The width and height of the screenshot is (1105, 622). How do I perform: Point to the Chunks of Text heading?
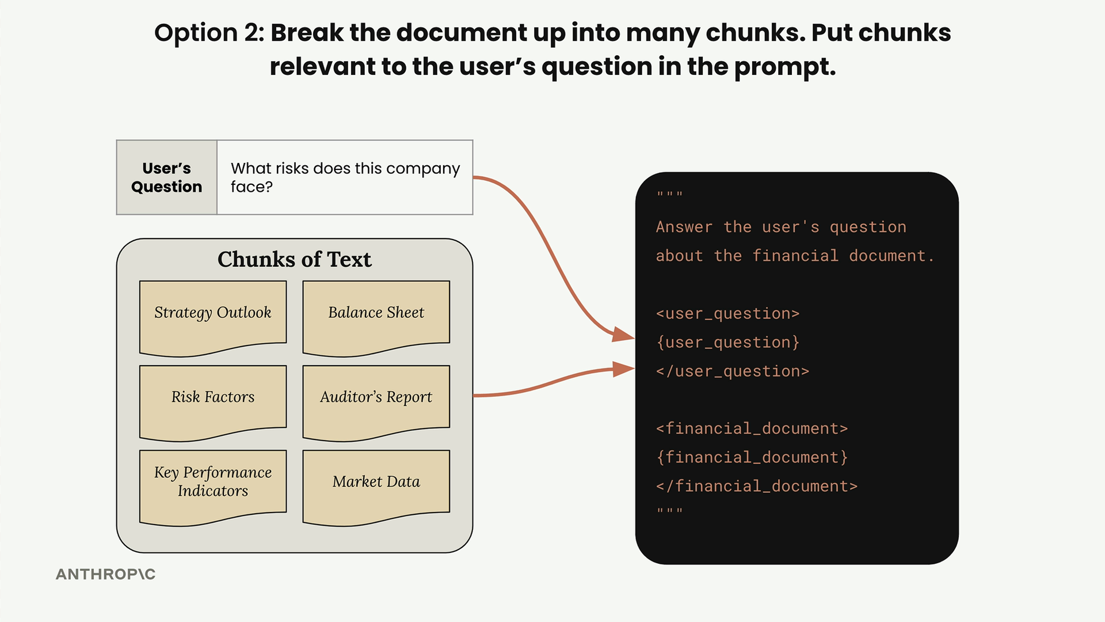click(x=295, y=260)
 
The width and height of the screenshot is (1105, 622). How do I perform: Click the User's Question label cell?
click(x=167, y=177)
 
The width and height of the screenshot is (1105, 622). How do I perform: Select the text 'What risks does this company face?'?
click(x=345, y=177)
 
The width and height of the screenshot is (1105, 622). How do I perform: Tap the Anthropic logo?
click(x=106, y=574)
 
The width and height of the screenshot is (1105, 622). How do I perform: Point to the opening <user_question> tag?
click(x=728, y=314)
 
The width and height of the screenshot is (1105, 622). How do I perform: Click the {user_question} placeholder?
click(x=728, y=343)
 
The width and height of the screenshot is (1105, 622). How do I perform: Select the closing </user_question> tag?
click(x=733, y=371)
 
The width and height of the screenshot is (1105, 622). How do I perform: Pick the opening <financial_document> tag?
click(x=752, y=429)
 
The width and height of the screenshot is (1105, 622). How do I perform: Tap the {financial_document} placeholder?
click(x=752, y=458)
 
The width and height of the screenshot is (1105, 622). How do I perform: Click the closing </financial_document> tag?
click(x=757, y=487)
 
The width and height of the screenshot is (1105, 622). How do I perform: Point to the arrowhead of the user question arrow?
click(x=624, y=335)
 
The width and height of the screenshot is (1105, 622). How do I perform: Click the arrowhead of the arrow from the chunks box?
click(x=624, y=369)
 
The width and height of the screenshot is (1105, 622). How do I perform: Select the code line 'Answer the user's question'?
click(x=781, y=227)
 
